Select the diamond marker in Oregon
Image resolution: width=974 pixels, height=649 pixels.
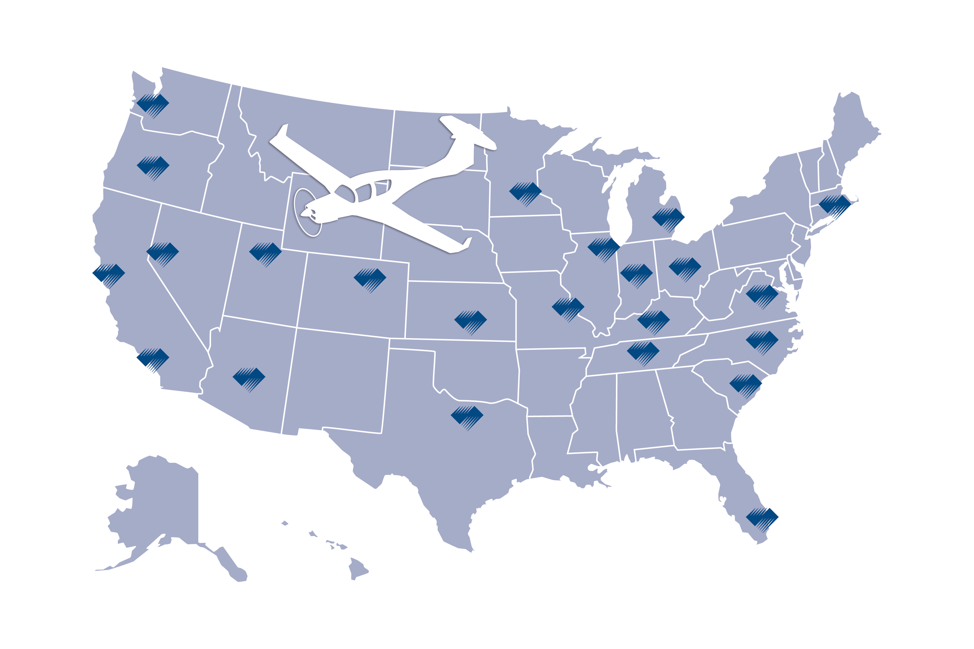[x=153, y=167]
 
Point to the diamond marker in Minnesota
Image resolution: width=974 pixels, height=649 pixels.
[x=525, y=192]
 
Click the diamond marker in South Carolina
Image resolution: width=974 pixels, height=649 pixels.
[x=745, y=385]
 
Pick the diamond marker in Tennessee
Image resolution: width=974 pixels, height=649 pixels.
[x=643, y=352]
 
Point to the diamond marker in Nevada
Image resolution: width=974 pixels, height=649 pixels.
[x=162, y=252]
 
